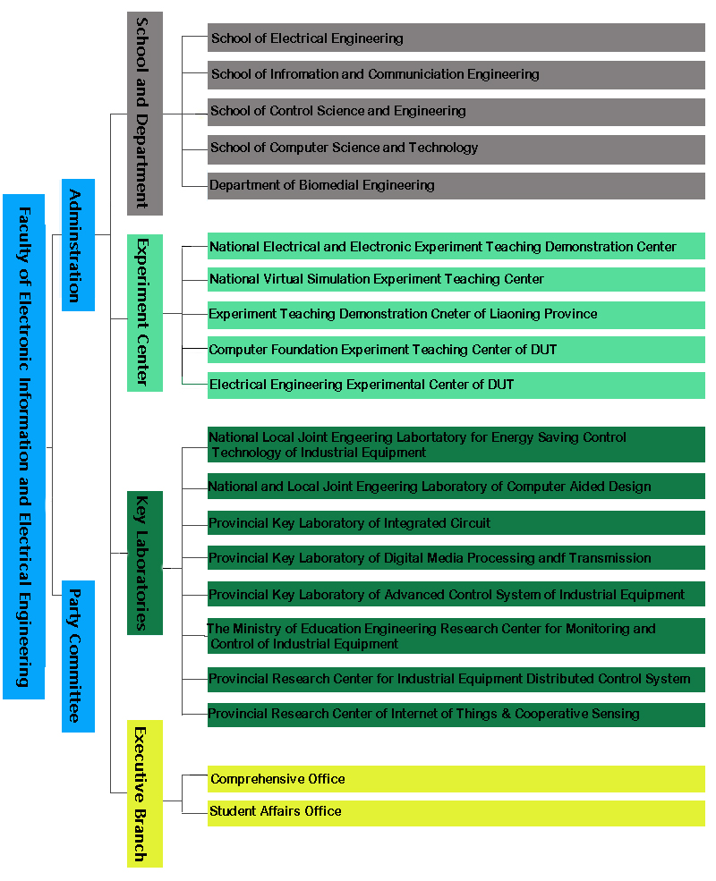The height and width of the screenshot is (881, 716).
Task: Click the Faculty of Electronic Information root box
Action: click(23, 446)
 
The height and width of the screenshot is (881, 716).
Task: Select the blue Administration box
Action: click(78, 245)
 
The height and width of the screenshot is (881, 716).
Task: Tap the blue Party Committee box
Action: click(78, 657)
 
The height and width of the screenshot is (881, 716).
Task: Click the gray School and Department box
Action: click(145, 114)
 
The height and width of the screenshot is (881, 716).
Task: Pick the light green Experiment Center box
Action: click(145, 313)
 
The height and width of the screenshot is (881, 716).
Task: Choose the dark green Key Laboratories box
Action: click(145, 563)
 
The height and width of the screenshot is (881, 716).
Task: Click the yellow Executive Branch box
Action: click(145, 794)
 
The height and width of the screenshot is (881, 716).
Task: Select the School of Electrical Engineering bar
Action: click(456, 38)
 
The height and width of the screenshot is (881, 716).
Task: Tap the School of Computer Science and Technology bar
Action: click(456, 149)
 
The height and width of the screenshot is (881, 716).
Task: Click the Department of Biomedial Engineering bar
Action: click(456, 186)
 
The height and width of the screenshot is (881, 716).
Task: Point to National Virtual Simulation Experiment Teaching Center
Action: click(456, 279)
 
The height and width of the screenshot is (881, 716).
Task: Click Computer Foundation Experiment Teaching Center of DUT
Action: click(456, 350)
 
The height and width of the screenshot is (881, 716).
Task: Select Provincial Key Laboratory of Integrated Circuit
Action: click(456, 523)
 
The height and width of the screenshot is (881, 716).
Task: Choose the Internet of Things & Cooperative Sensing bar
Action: click(456, 715)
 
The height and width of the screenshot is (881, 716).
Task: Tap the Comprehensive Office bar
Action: click(456, 779)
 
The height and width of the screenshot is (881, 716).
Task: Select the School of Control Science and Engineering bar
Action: click(456, 113)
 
